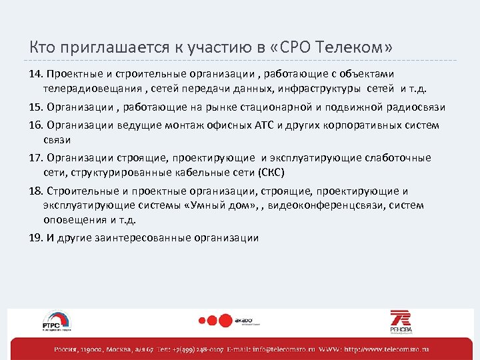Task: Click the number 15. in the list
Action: tap(36, 107)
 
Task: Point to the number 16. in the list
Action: tap(36, 124)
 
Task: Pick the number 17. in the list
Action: tap(36, 158)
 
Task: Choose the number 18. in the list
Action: tap(36, 191)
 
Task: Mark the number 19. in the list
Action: tap(36, 238)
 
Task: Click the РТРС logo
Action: tap(56, 321)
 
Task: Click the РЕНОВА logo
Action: tap(401, 321)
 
